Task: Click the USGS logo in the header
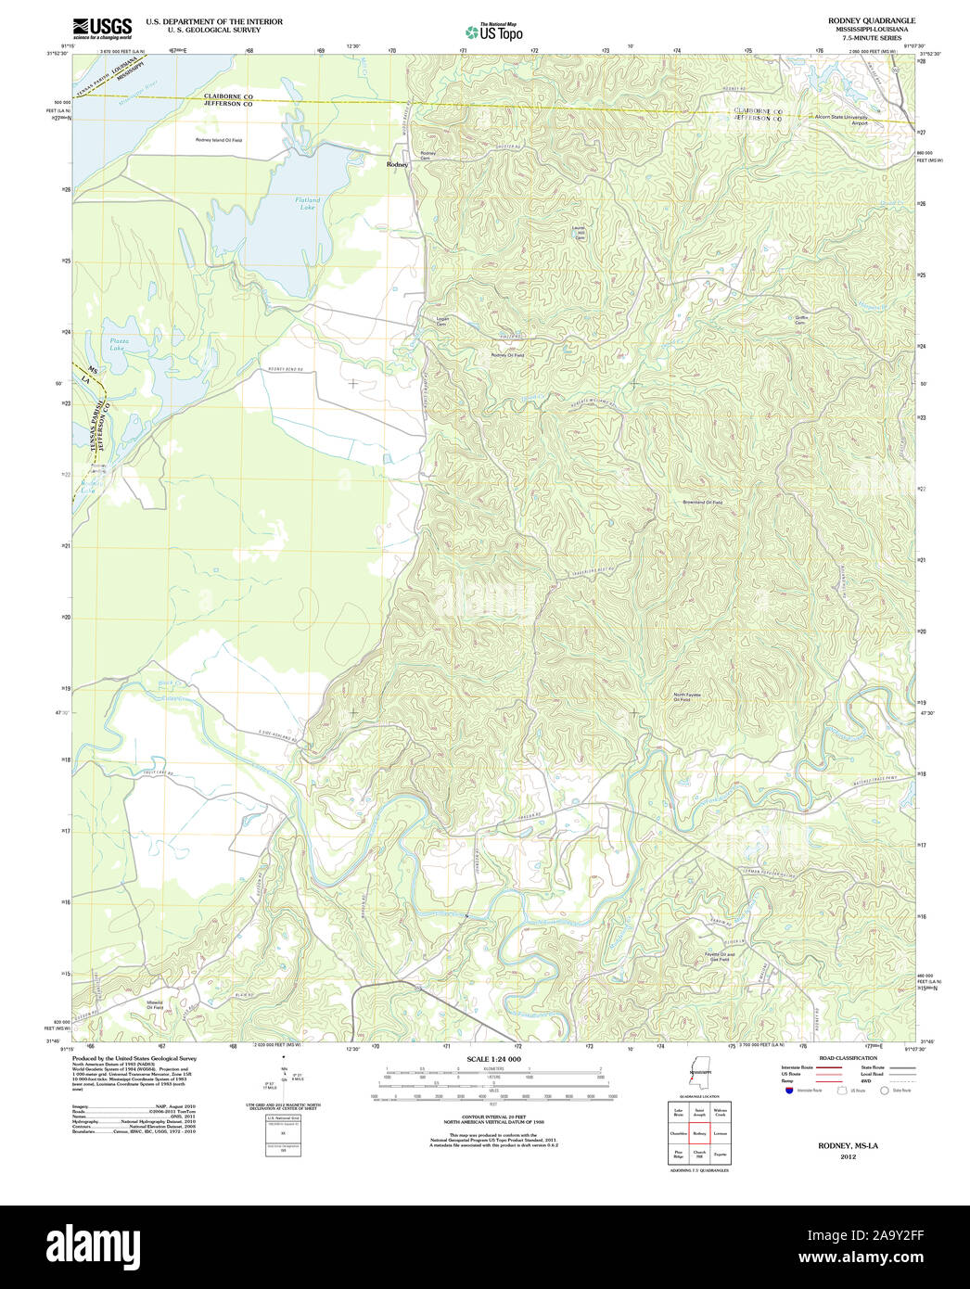point(101,27)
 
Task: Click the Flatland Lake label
point(307,202)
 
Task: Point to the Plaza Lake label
point(118,344)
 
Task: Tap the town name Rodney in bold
point(397,164)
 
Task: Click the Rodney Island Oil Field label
point(218,140)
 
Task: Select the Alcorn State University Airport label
point(841,120)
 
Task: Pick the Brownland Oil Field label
point(702,502)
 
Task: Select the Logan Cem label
point(442,321)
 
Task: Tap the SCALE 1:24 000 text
point(493,1059)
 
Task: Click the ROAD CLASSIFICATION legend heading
point(848,1058)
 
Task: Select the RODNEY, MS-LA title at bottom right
point(848,1146)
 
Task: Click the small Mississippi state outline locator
point(694,1076)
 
